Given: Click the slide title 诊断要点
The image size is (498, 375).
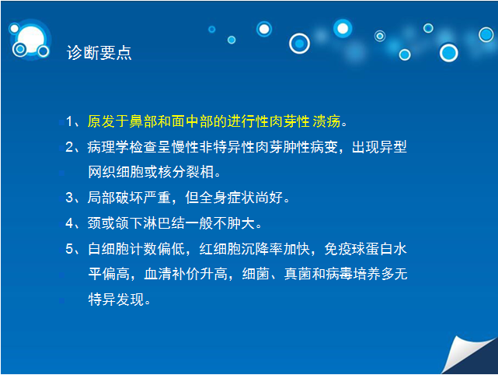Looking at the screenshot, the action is click(x=99, y=52).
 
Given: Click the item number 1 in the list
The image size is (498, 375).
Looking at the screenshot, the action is click(x=69, y=121).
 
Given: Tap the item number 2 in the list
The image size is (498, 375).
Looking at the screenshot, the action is click(x=70, y=147).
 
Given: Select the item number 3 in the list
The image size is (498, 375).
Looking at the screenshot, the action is click(x=70, y=198).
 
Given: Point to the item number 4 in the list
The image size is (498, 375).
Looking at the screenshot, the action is click(x=70, y=223).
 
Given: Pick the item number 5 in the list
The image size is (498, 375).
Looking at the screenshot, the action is click(x=70, y=249).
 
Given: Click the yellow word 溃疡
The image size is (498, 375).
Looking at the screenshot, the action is click(x=327, y=121).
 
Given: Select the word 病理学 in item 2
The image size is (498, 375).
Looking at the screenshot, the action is click(x=108, y=147).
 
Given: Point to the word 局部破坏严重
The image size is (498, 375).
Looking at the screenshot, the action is click(x=129, y=198).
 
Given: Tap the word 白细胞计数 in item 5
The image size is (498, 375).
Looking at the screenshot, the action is click(x=123, y=249).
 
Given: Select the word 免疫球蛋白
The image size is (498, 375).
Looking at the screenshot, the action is click(x=359, y=249).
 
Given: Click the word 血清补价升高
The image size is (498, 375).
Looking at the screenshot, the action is click(x=186, y=274).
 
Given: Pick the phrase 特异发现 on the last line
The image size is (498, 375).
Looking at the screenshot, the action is click(x=116, y=300).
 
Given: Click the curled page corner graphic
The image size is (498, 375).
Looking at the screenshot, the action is click(x=469, y=355).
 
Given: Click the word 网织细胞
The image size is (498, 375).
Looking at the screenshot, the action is click(x=116, y=172).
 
